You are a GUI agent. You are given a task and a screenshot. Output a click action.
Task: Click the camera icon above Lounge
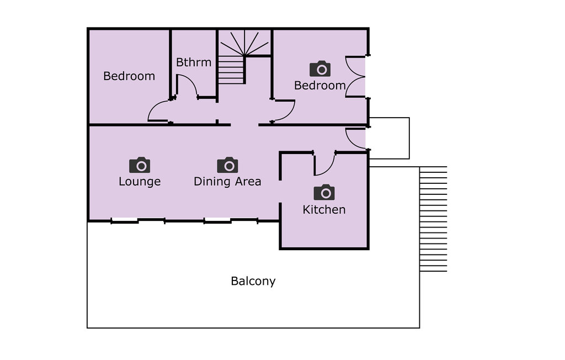coord(140,165)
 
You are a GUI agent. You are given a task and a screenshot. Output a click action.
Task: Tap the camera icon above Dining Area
coord(227,165)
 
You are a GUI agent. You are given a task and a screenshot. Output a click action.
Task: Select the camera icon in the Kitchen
coord(324,192)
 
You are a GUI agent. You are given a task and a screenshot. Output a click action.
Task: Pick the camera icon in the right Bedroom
coord(320,68)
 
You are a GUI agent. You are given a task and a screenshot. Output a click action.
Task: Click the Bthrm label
coord(194,62)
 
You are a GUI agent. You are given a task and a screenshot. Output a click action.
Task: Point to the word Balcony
coord(253,281)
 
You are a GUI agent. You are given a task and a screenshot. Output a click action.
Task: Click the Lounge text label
coord(140,181)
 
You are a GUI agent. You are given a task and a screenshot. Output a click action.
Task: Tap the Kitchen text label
coord(324,210)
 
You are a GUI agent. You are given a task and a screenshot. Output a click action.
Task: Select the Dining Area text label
coord(227,181)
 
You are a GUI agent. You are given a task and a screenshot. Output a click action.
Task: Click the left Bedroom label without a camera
coord(129,76)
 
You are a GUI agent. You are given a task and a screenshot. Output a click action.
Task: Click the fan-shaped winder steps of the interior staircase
coord(244,43)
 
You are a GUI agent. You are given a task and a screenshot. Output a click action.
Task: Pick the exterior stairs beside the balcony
coord(434,219)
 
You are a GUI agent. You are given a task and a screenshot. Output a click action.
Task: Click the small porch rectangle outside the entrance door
coord(390,138)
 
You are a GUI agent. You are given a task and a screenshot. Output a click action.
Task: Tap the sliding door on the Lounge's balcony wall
coord(138,220)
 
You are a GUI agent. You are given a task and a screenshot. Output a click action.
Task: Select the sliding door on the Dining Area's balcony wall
coord(231,220)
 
